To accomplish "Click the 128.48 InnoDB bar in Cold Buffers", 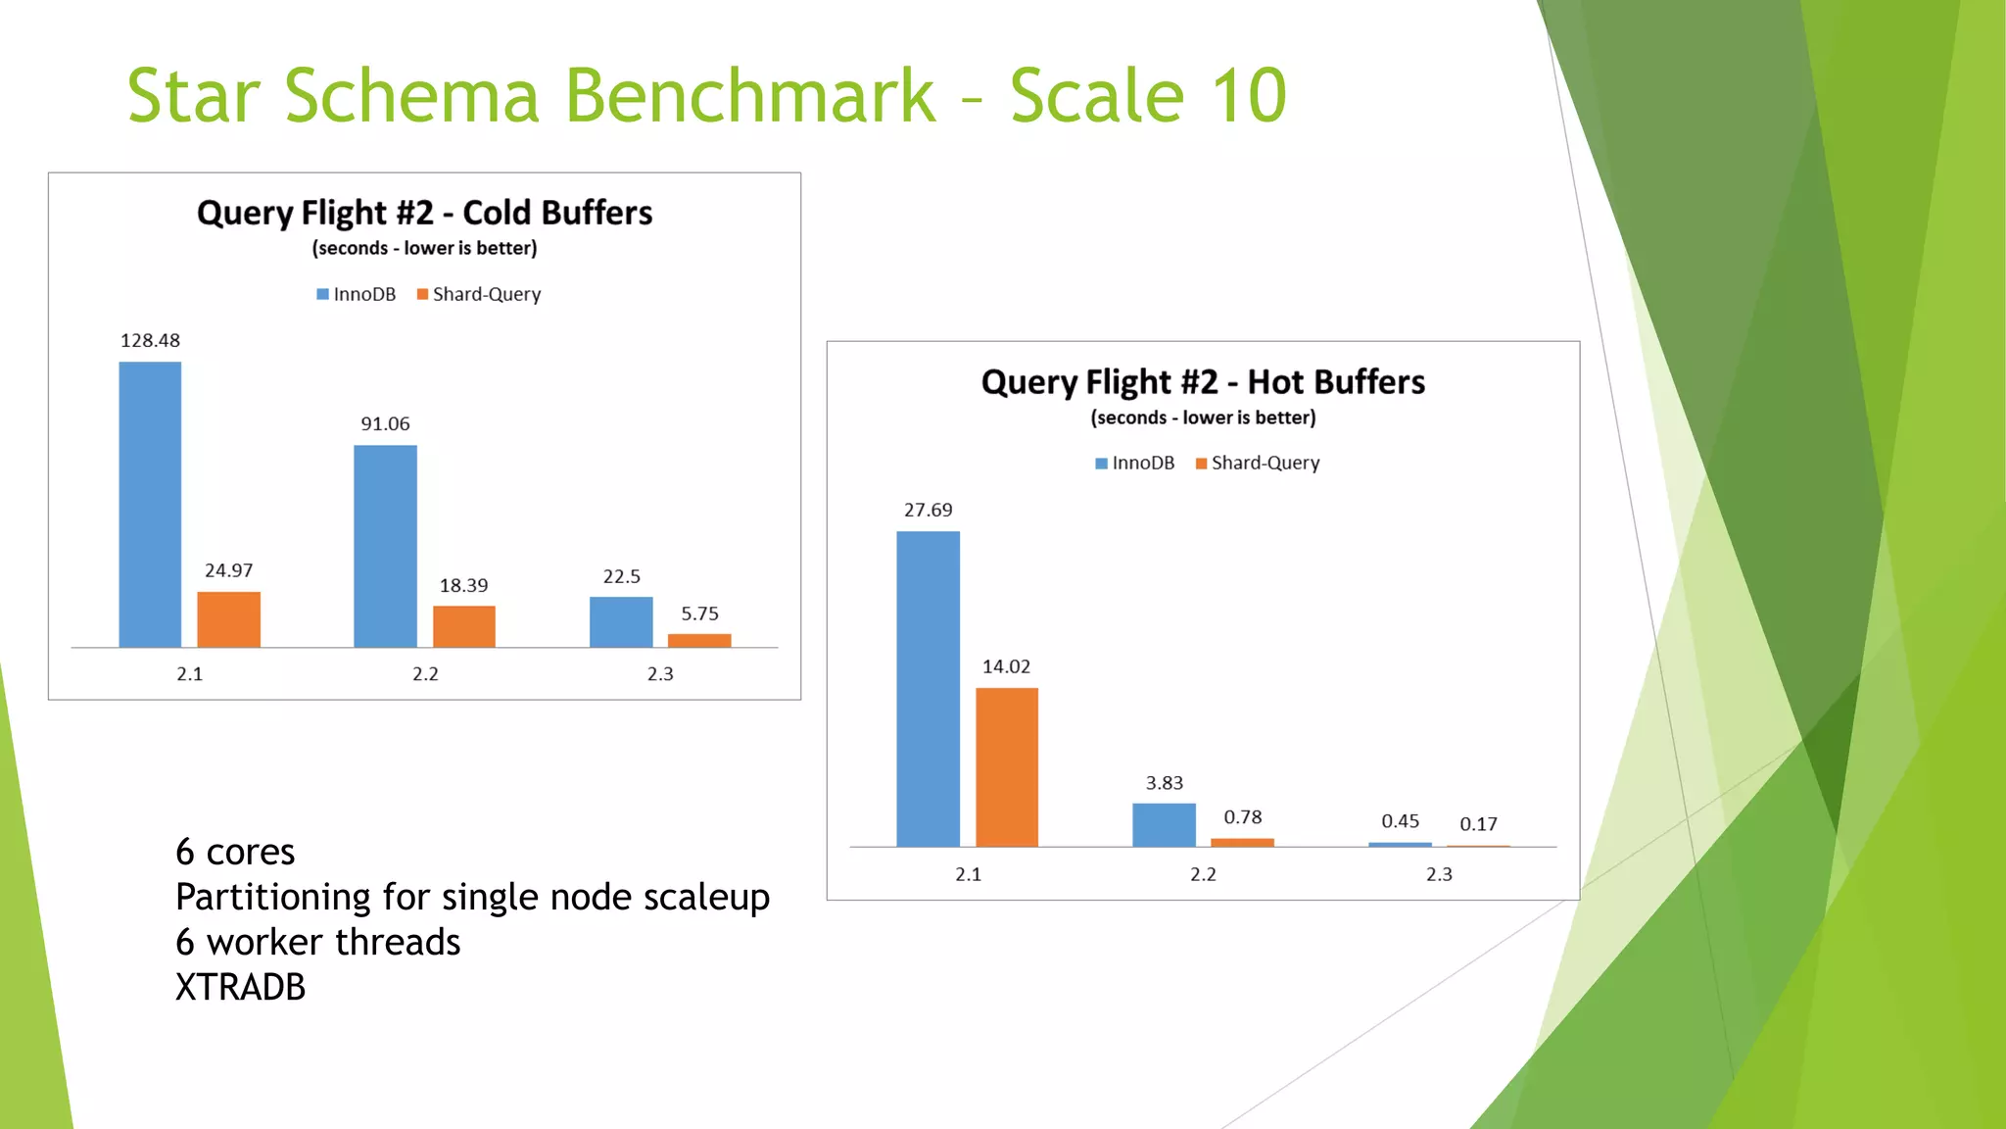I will click(150, 505).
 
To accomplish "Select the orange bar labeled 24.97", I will click(228, 619).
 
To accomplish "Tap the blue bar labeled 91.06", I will click(385, 546).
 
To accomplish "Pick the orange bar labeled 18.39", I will click(463, 626).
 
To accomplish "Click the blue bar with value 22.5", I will click(621, 621).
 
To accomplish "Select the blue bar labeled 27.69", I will click(928, 688).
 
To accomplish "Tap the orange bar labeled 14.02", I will click(1006, 766).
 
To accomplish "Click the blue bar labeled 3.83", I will click(1164, 824).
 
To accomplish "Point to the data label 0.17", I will click(1478, 824).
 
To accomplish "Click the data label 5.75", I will click(699, 614).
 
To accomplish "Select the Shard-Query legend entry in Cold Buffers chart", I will click(479, 294).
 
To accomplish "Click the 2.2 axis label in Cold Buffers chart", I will click(425, 674).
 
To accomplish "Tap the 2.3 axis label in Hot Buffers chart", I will click(1439, 874).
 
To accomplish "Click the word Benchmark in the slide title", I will click(749, 96).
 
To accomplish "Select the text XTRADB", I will click(240, 987).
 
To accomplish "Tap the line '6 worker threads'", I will click(317, 942).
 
